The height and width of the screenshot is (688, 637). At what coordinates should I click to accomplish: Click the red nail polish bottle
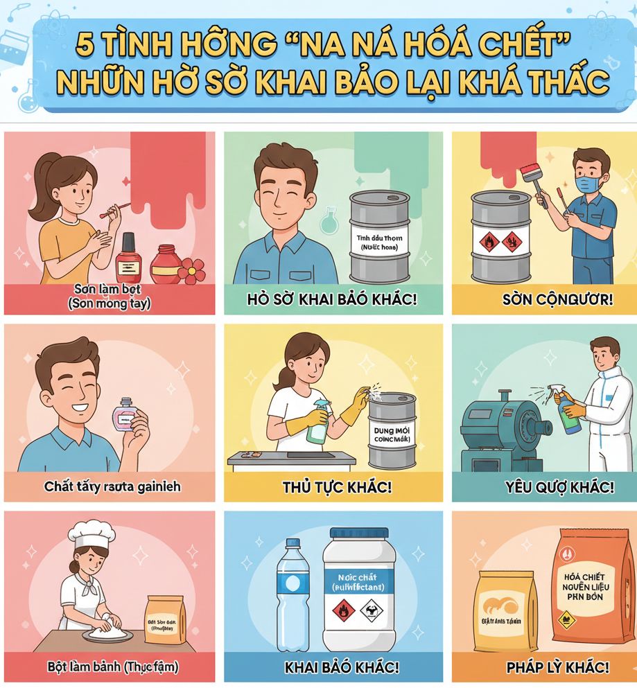tap(128, 258)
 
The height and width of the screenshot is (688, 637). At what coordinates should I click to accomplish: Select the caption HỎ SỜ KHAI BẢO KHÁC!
tap(333, 301)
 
